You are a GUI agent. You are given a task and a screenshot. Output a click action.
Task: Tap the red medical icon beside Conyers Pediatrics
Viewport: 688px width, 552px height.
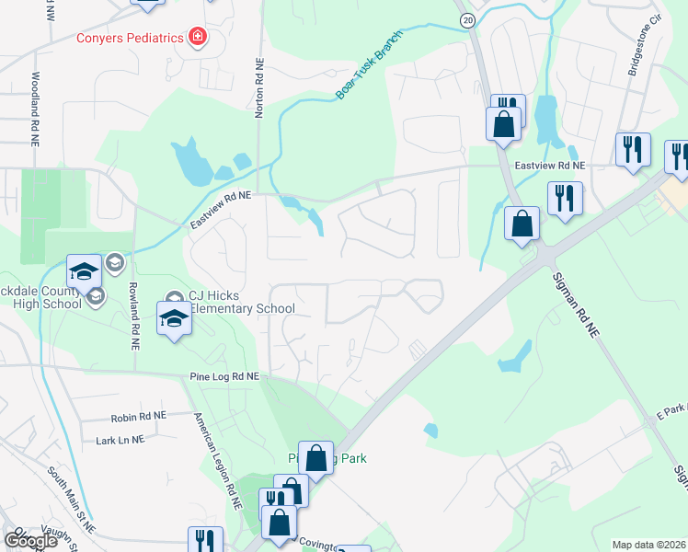point(197,38)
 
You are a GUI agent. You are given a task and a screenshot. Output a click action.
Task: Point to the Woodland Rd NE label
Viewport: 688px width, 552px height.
point(35,109)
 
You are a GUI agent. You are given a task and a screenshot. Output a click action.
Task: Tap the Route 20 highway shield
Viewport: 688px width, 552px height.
point(467,19)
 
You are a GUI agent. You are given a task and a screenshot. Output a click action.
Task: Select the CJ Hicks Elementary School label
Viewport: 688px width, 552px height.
point(241,302)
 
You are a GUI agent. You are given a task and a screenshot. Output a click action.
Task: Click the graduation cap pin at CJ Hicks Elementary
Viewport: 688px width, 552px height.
point(173,318)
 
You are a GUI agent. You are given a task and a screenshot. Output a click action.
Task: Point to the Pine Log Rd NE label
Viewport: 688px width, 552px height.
point(224,376)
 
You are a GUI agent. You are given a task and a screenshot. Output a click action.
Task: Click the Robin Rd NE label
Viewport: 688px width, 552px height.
point(138,417)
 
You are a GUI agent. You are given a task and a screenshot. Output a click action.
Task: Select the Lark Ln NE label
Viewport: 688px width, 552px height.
point(120,440)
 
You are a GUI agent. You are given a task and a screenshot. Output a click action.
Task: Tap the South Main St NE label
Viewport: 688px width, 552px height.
point(72,500)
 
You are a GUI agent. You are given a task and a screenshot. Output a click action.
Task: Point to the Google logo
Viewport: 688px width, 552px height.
point(29,540)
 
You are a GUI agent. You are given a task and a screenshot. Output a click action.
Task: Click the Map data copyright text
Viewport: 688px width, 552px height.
point(649,545)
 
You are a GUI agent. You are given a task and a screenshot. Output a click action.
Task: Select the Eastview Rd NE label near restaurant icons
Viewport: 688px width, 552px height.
point(550,166)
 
